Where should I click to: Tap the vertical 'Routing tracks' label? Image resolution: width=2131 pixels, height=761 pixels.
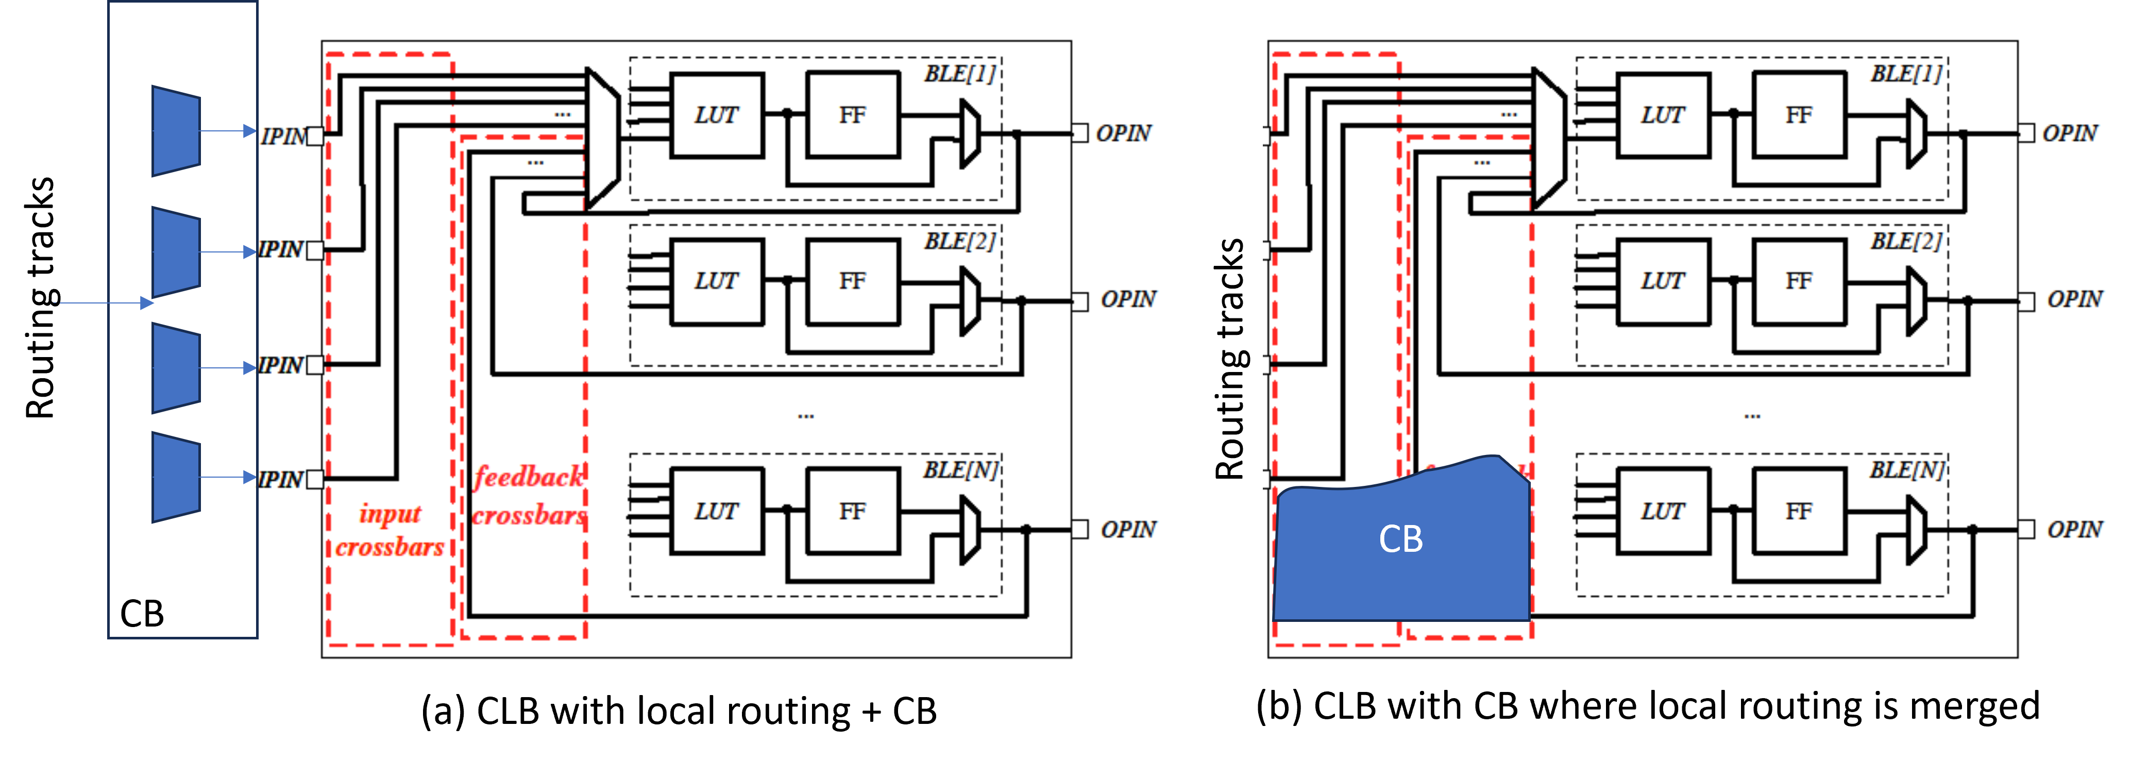[x=1230, y=359]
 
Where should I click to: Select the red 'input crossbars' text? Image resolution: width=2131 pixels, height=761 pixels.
[x=390, y=530]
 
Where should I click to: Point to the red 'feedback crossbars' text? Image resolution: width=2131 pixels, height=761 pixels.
[x=529, y=496]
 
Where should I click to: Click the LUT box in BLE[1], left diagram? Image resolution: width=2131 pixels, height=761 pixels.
[x=716, y=115]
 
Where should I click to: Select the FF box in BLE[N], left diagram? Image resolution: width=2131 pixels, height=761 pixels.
[x=853, y=511]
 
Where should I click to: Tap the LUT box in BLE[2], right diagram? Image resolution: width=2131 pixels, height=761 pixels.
[x=1663, y=281]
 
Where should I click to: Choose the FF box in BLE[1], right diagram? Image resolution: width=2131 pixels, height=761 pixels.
[x=1799, y=115]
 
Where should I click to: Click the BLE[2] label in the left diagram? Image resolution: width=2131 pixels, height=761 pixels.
[x=959, y=242]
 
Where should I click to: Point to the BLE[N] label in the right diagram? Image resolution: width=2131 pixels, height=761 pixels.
[x=1906, y=470]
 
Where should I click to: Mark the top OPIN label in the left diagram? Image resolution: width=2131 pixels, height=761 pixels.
[x=1123, y=133]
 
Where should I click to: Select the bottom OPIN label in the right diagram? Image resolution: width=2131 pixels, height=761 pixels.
[x=2074, y=529]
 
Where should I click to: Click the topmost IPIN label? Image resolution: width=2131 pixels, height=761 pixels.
[x=283, y=136]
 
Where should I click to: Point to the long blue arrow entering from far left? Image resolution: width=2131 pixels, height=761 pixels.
[x=104, y=303]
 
